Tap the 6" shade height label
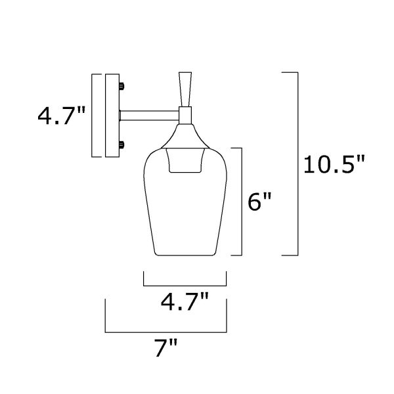click(259, 202)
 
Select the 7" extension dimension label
click(166, 347)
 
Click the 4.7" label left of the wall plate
click(62, 116)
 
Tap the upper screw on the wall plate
click(121, 86)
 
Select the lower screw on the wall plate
click(121, 145)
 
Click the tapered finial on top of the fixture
click(185, 89)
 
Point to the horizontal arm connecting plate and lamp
click(149, 116)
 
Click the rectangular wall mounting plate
click(112, 116)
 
